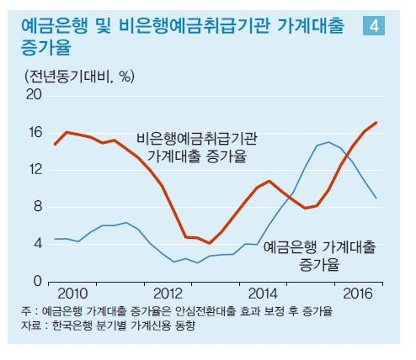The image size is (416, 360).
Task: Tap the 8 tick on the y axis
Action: (x=37, y=206)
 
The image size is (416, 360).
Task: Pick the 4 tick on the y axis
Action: (x=37, y=243)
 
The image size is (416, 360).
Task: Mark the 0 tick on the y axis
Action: (x=37, y=280)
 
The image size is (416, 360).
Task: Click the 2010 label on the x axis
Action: (x=73, y=293)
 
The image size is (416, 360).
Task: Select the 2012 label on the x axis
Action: (x=169, y=293)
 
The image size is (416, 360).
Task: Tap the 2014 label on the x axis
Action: (x=264, y=293)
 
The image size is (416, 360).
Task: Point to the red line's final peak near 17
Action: (x=376, y=123)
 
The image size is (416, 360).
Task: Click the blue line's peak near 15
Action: (x=328, y=142)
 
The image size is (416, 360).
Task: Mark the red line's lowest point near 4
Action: (x=209, y=243)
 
